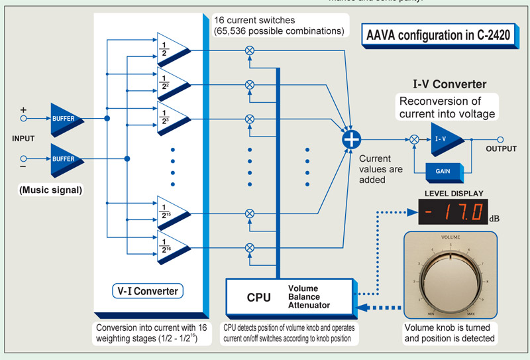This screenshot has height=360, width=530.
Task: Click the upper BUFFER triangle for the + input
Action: click(x=66, y=119)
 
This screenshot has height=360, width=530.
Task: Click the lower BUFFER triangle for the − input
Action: click(x=66, y=159)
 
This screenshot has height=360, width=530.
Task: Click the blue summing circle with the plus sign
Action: click(x=350, y=139)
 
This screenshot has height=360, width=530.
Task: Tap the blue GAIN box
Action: click(x=443, y=170)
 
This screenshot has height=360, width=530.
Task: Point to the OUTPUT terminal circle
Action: click(x=501, y=139)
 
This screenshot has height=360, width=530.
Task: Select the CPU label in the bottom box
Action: click(x=258, y=296)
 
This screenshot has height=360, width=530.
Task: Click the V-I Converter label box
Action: click(x=147, y=290)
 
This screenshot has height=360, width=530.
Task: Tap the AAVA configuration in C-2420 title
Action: click(x=439, y=35)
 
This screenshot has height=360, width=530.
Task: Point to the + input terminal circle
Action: click(x=25, y=119)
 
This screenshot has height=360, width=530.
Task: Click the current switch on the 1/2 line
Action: click(x=250, y=50)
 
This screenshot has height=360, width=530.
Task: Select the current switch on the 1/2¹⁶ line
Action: click(x=250, y=248)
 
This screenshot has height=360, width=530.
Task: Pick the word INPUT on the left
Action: click(x=24, y=139)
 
